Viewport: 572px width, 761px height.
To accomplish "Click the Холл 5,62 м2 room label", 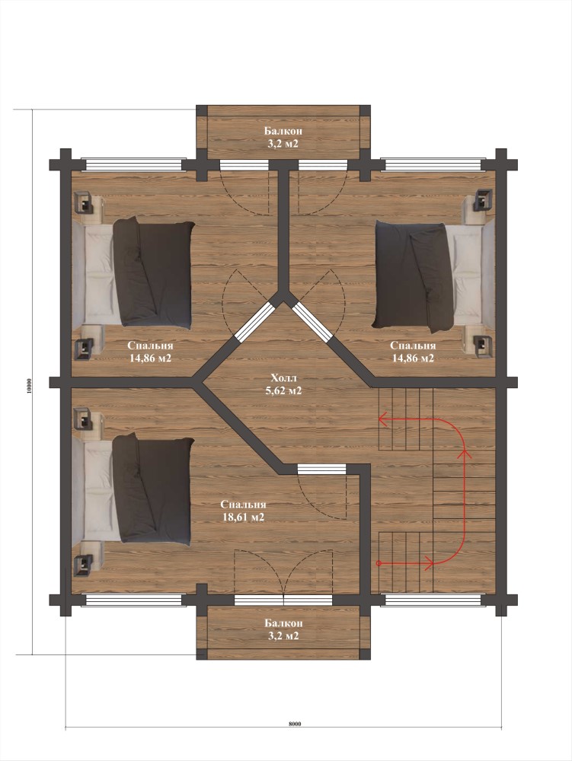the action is (283, 384).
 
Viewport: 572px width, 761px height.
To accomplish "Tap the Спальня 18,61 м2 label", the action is (243, 511).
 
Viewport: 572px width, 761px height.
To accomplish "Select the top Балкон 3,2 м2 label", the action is (283, 137).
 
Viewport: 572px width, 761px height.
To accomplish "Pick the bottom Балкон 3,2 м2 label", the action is (283, 629).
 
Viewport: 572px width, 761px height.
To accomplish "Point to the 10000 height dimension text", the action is (29, 385).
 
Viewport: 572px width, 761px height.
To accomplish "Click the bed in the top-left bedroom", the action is (133, 272).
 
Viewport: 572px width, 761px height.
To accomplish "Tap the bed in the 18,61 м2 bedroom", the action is (133, 489).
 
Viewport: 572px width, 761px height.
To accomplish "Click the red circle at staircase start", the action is (379, 563).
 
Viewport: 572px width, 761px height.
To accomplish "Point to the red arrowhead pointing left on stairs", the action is (383, 419).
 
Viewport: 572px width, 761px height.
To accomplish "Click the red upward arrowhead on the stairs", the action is (465, 454).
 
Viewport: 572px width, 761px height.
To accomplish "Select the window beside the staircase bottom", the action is (433, 600).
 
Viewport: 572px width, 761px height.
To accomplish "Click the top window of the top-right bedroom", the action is (433, 164).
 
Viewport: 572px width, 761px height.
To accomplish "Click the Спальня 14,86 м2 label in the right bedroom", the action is (413, 352).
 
